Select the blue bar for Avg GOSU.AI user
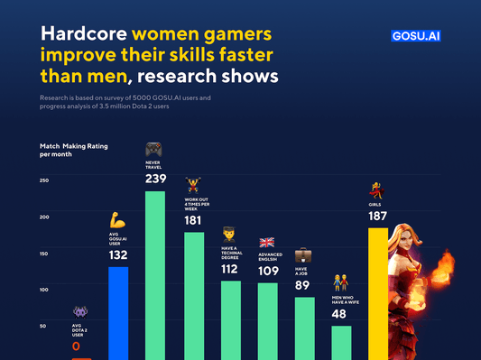(x=118, y=312)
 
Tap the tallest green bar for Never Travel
(x=155, y=275)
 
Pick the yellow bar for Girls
(x=377, y=293)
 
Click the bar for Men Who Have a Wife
(x=341, y=342)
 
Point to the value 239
(x=155, y=179)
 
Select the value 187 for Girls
(x=377, y=217)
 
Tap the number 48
(x=339, y=314)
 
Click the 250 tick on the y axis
(x=43, y=181)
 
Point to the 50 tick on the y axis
(x=43, y=325)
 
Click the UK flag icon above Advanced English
(x=267, y=242)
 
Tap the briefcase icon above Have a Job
(x=303, y=256)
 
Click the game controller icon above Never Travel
(x=155, y=149)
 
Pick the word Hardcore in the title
(x=83, y=35)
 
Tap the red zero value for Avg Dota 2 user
(x=76, y=346)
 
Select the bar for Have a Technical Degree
(x=231, y=319)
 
